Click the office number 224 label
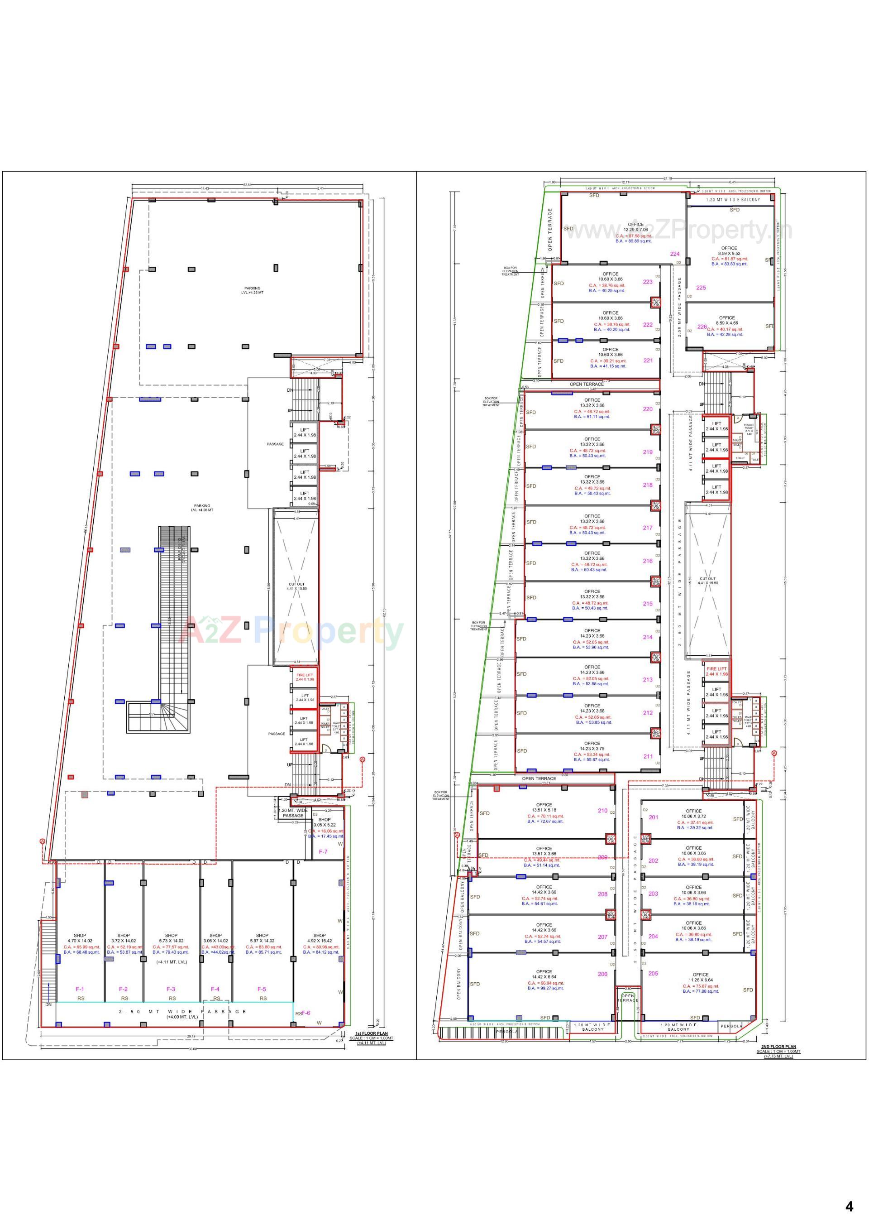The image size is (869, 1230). tap(675, 254)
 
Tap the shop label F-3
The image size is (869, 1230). tap(171, 989)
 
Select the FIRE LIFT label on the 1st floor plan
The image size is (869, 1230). tap(305, 677)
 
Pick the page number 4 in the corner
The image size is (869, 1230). tap(849, 1206)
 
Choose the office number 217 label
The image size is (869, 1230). tap(647, 528)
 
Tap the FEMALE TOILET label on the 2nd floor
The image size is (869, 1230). tap(749, 427)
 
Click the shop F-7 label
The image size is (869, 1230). tap(323, 851)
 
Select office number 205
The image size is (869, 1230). tap(653, 973)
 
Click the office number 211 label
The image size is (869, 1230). tap(648, 756)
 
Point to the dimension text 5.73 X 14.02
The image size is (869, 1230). tap(171, 941)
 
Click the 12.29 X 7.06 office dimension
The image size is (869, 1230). tap(635, 230)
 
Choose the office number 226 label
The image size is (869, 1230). tap(702, 327)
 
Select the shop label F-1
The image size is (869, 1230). tap(80, 989)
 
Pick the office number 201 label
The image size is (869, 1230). tap(653, 817)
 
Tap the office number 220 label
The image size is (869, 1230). tap(647, 409)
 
